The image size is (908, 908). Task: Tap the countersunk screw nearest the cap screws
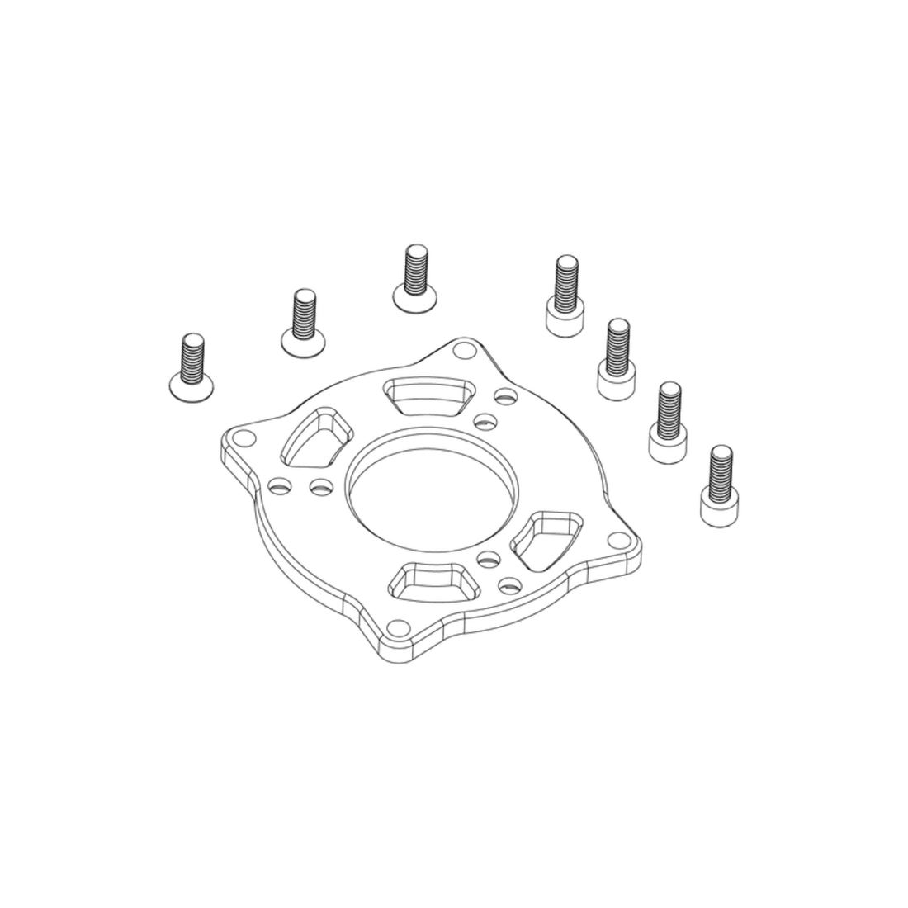pyautogui.click(x=414, y=278)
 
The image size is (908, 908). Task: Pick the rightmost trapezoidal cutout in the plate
pyautogui.click(x=546, y=540)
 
